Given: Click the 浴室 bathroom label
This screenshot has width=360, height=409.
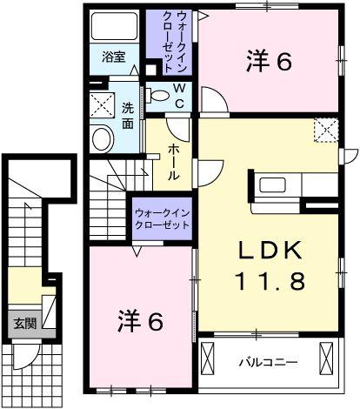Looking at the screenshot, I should pyautogui.click(x=114, y=58).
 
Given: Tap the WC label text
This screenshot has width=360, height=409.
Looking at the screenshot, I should pyautogui.click(x=178, y=96).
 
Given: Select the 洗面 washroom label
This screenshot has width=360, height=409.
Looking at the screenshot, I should pyautogui.click(x=128, y=117).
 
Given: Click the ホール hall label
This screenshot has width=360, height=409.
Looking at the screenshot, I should pyautogui.click(x=172, y=161).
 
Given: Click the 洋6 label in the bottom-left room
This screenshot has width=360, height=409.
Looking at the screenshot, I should pyautogui.click(x=140, y=321).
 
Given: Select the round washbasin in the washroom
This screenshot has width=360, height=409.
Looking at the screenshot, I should pyautogui.click(x=102, y=137).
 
